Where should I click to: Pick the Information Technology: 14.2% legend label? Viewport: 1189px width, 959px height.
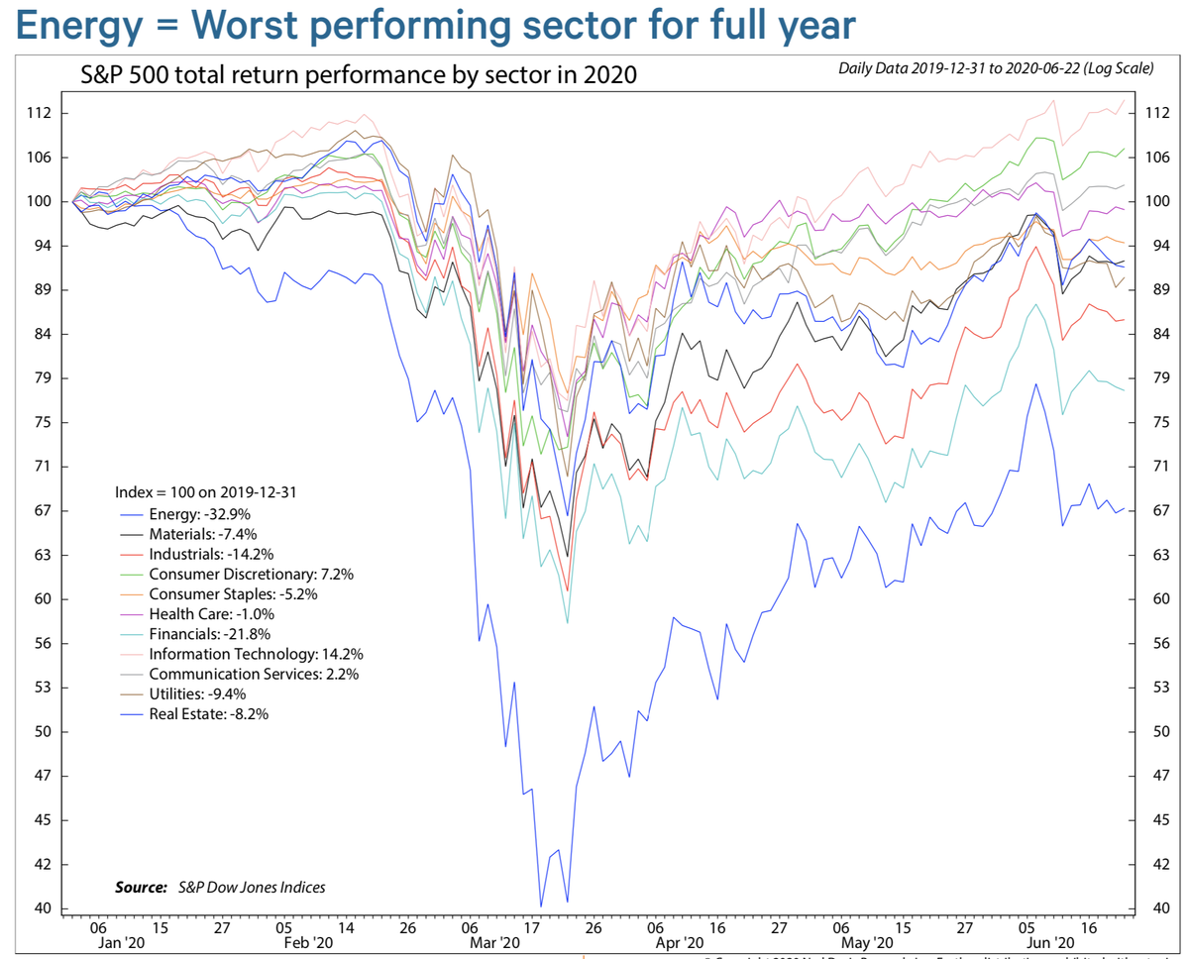point(256,654)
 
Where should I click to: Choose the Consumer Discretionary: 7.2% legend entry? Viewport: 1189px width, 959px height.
point(251,574)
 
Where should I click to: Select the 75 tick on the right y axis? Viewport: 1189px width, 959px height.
point(1155,423)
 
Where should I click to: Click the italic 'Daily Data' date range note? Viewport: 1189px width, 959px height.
point(996,68)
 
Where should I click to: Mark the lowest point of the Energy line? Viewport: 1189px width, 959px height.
point(541,906)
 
